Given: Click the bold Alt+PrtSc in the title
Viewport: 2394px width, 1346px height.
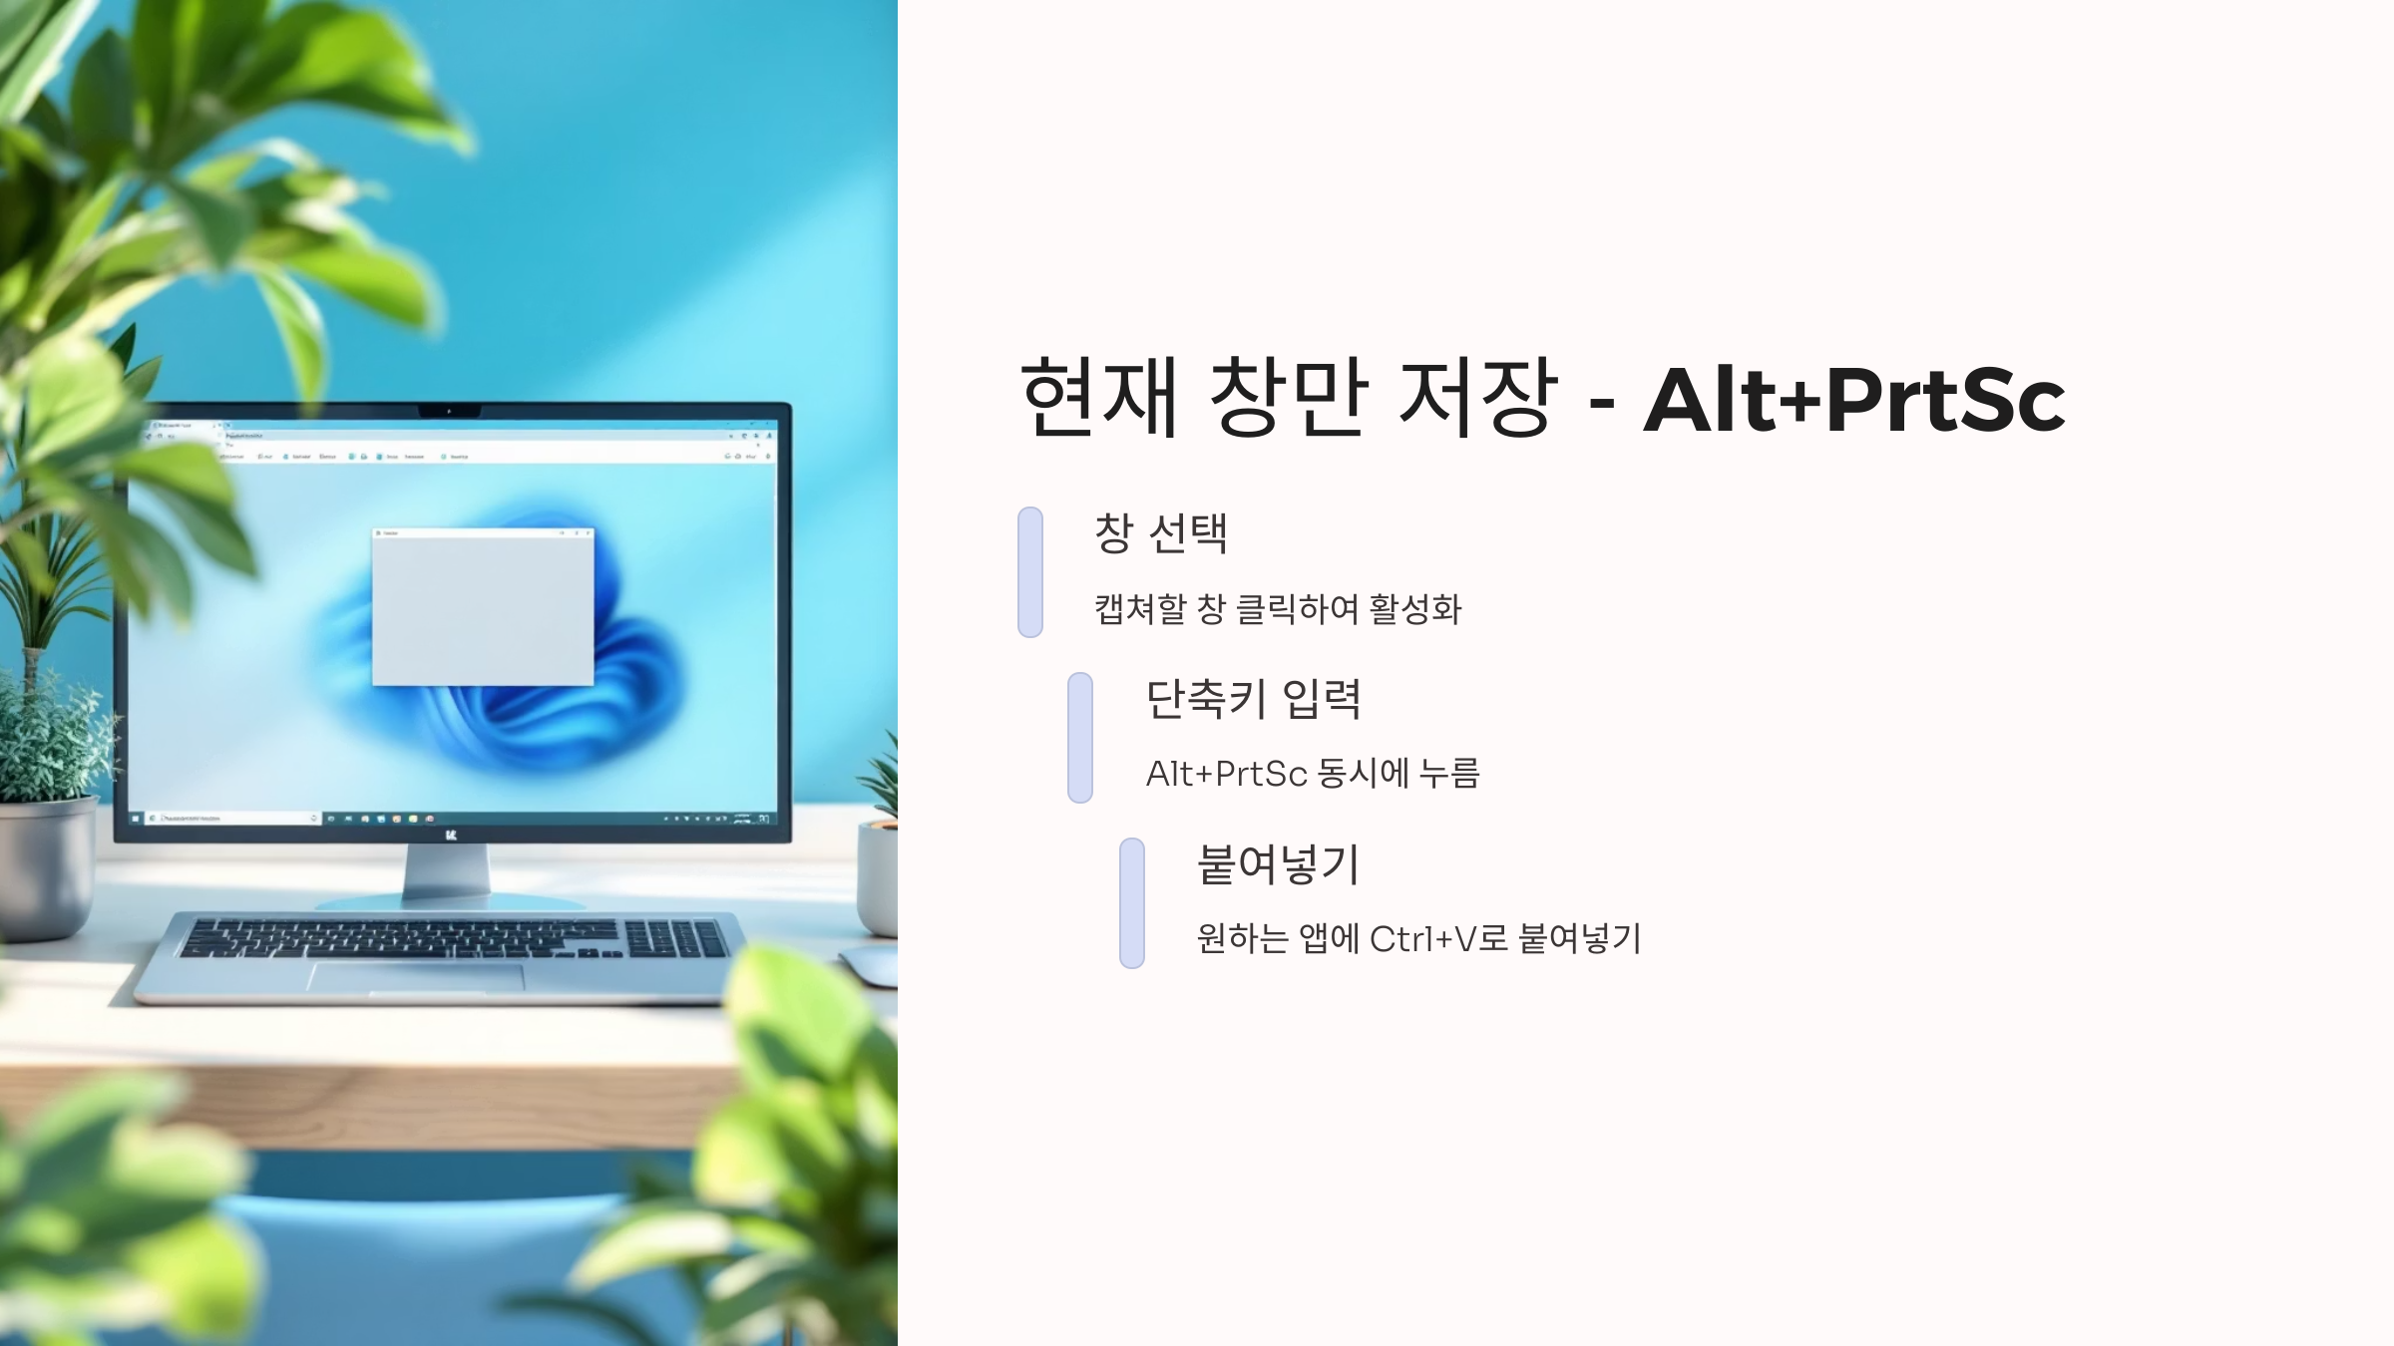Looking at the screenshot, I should point(1853,401).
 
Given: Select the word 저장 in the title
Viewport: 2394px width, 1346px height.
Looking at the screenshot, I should point(1477,398).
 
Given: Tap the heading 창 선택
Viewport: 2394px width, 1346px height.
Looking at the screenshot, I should point(1161,533).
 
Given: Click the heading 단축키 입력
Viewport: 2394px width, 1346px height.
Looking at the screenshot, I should point(1253,699).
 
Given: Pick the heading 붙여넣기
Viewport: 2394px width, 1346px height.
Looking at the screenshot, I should point(1278,864).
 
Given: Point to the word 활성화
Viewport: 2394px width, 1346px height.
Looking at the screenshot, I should point(1415,609).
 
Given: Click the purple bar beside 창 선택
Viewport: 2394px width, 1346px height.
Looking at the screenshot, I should point(1030,572).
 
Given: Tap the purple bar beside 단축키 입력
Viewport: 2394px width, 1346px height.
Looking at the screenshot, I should point(1080,738).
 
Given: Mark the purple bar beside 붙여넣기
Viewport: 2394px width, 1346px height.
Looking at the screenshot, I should point(1132,903).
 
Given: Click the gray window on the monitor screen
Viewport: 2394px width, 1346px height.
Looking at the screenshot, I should point(483,608).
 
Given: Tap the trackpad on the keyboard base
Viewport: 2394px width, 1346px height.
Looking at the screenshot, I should point(416,977).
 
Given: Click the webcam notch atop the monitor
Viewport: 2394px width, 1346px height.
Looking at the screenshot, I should point(449,411).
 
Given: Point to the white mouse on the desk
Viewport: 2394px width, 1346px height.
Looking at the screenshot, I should point(870,965).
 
